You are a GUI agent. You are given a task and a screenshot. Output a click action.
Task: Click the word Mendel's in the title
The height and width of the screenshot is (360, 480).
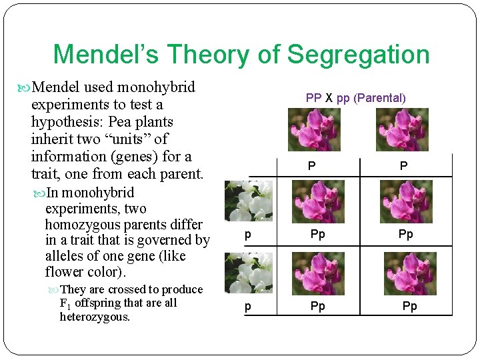coord(105,55)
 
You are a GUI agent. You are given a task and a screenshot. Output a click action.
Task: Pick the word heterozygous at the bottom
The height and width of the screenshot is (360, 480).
coord(95,317)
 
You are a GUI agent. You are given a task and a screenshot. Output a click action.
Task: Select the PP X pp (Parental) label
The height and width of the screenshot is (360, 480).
coord(355,98)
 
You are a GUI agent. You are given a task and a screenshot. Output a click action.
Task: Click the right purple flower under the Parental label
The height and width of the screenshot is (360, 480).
coord(402,129)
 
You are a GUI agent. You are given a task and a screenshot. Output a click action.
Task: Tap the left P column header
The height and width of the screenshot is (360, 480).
coord(311,166)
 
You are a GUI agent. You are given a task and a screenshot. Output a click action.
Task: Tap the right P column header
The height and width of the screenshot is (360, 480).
coord(403,166)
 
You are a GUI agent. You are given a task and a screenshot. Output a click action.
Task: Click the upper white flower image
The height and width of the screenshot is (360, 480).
coord(249,200)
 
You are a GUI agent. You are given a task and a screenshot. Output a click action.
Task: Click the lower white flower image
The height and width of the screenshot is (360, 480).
coord(249,272)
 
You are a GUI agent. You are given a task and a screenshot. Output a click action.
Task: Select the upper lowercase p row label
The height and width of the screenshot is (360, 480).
coord(248,234)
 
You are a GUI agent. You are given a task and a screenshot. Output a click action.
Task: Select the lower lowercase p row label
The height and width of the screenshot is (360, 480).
coord(248,306)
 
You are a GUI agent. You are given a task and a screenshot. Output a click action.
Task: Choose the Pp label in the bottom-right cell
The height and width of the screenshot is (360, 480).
coord(409,306)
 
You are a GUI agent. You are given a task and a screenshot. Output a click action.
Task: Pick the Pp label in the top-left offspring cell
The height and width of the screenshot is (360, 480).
coord(318,234)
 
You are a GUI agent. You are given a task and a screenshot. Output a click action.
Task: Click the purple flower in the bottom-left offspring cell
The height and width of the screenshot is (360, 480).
coord(319,273)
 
